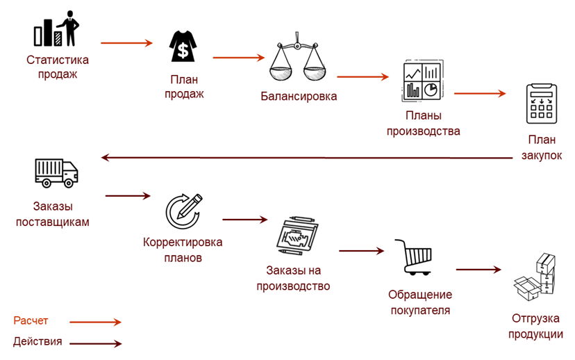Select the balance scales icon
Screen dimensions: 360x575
pos(297,59)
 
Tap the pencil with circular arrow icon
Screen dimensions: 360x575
pos(183,211)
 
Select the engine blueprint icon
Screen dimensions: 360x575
pos(297,236)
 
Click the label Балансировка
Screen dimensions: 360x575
pos(299,97)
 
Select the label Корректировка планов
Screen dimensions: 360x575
pos(183,249)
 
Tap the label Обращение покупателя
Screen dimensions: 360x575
pos(419,303)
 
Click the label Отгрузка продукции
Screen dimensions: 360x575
pos(535,327)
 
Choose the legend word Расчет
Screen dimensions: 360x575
pos(31,321)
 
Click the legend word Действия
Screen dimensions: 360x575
pos(37,342)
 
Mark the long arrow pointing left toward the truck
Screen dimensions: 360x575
pos(306,158)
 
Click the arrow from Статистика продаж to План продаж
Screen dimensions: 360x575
pos(126,43)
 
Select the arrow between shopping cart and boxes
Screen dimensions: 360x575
pos(478,269)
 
